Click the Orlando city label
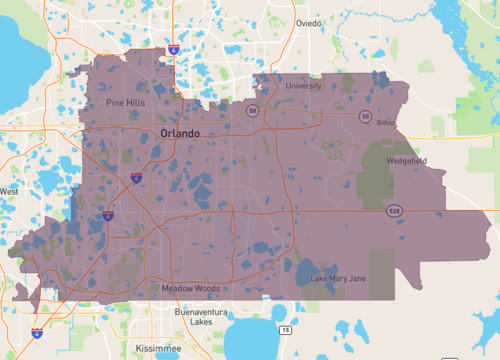179,133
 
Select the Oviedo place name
309,23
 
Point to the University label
304,86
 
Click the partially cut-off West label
9,191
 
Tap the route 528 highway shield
396,211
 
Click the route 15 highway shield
286,330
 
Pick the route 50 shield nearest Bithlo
366,117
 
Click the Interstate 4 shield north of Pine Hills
174,47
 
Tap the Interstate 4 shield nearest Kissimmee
38,333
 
